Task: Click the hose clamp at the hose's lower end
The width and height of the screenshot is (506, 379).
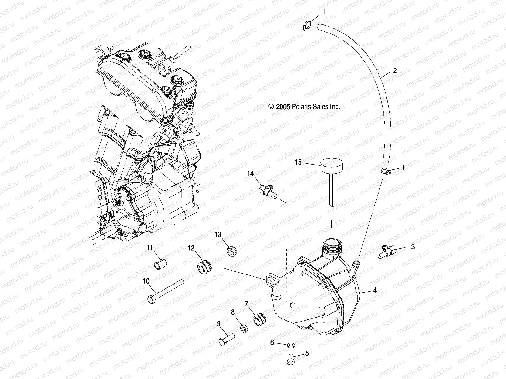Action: click(x=385, y=171)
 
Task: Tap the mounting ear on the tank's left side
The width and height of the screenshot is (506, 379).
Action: click(x=273, y=279)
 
